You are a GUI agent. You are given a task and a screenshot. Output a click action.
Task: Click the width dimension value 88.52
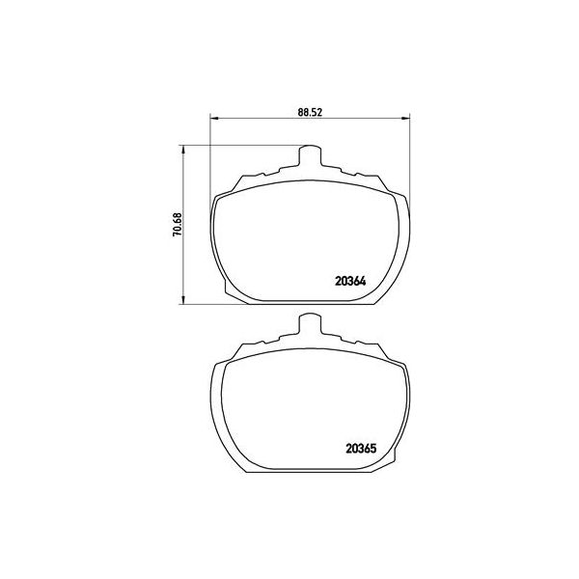pos(309,112)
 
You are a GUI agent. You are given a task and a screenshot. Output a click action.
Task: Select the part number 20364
pos(352,282)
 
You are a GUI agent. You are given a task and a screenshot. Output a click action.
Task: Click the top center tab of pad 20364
pos(309,155)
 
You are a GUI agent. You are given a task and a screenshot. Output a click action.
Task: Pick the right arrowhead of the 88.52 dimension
pos(402,120)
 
